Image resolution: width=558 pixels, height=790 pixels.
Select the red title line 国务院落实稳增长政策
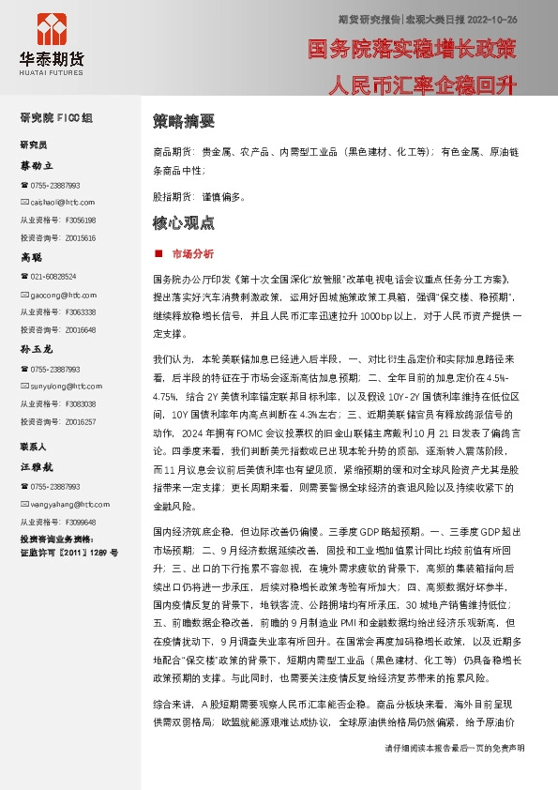[x=412, y=48]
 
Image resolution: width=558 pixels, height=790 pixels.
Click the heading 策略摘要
[x=184, y=121]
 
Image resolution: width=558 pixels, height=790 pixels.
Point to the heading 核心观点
[x=184, y=223]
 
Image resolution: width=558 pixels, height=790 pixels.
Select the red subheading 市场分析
[x=192, y=253]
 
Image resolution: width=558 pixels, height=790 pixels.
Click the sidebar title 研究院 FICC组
[x=56, y=118]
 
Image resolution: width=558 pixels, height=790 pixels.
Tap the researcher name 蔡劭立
[x=38, y=165]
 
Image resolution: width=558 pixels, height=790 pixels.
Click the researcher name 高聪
[x=32, y=256]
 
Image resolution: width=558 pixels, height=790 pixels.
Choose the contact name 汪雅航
[x=38, y=465]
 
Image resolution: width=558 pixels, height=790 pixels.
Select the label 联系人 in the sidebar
[x=34, y=447]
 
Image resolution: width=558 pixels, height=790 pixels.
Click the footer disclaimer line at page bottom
[x=455, y=775]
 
